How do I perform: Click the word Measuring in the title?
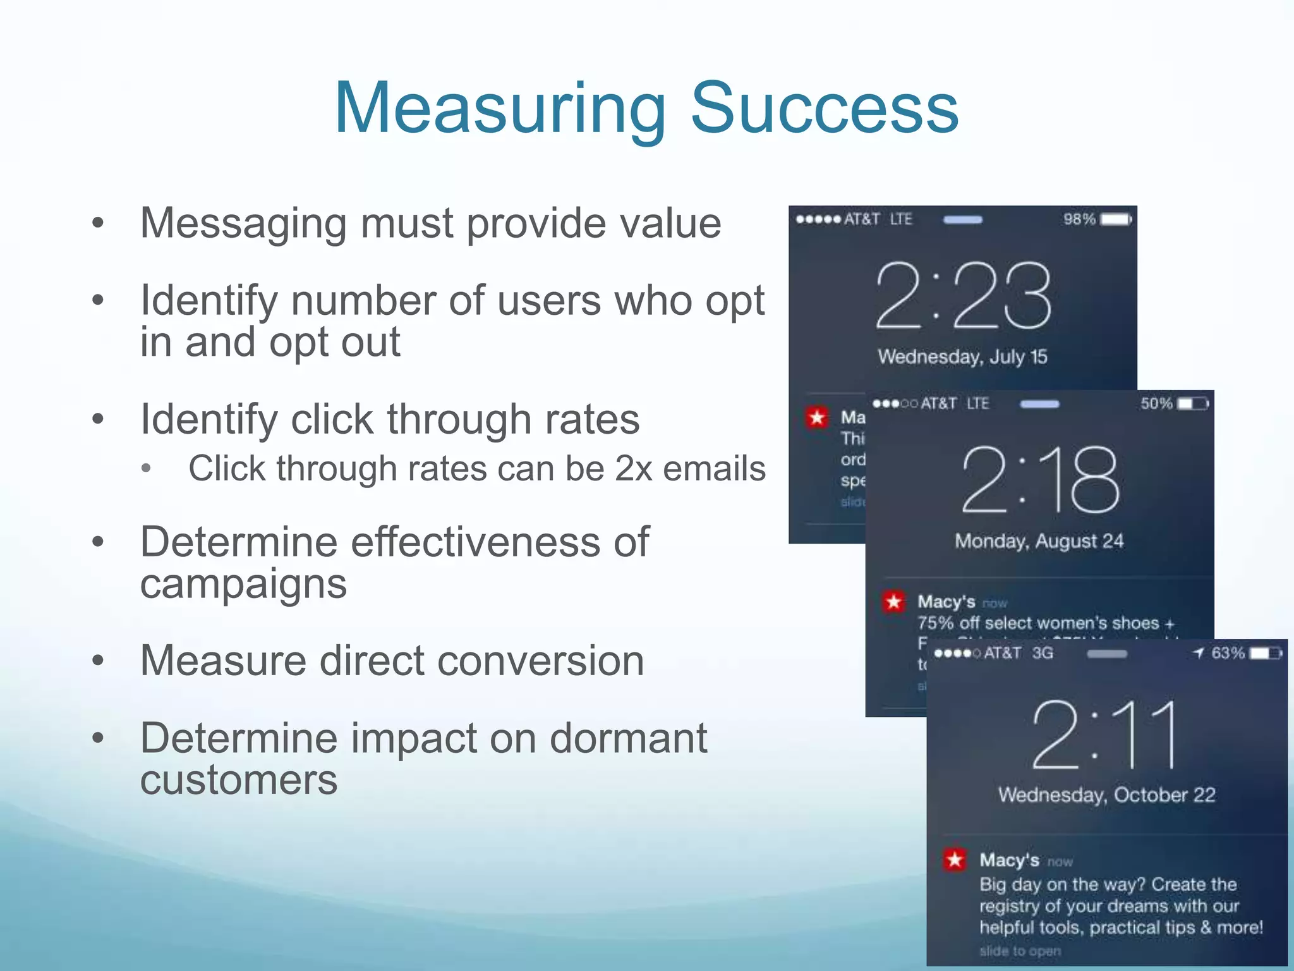point(500,109)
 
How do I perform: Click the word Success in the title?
point(825,109)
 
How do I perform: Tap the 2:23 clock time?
point(963,295)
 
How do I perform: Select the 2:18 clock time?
point(1040,479)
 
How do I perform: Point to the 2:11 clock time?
point(1105,735)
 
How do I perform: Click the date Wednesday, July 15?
point(962,357)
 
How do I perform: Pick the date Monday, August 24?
point(1039,541)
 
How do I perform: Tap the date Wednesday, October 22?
point(1107,795)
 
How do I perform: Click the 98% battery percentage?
point(1079,219)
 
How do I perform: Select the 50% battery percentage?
point(1156,403)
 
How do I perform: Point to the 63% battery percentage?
point(1228,653)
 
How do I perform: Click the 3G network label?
point(1043,653)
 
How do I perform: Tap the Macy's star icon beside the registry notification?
point(955,859)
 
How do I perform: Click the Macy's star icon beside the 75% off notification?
point(893,601)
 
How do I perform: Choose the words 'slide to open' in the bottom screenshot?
point(1020,951)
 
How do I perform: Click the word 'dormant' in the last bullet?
point(628,738)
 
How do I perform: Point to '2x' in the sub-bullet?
point(633,468)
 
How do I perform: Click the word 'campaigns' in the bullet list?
point(243,583)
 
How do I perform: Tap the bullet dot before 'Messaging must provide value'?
point(97,223)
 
